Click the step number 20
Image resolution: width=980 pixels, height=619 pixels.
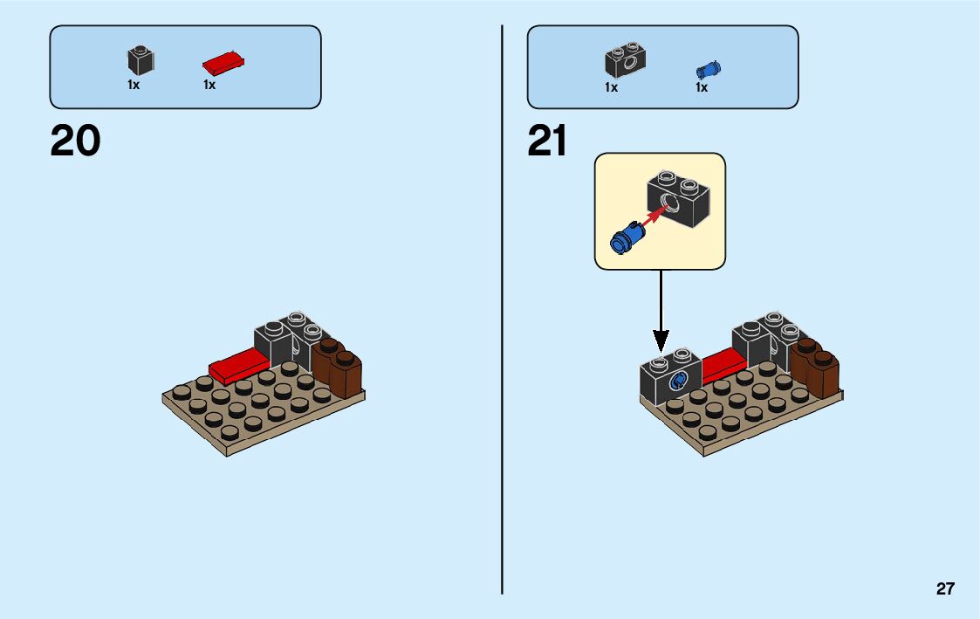(x=76, y=141)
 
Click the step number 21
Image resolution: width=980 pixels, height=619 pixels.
(x=547, y=141)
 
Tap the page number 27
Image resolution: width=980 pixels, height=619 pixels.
(x=945, y=589)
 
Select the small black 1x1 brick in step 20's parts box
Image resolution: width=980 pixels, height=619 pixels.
(x=140, y=60)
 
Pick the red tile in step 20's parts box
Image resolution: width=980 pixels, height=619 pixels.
(x=223, y=63)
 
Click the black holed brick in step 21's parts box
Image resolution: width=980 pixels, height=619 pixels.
(x=625, y=60)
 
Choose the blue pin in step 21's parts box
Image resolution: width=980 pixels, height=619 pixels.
(x=708, y=70)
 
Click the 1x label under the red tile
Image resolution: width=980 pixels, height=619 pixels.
(x=209, y=86)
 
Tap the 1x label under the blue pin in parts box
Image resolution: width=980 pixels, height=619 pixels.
(x=702, y=87)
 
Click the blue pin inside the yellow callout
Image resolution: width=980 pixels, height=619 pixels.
(x=624, y=237)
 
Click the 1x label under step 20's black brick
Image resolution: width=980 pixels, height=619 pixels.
(x=134, y=86)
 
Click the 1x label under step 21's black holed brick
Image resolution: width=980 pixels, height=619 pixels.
(x=611, y=87)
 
